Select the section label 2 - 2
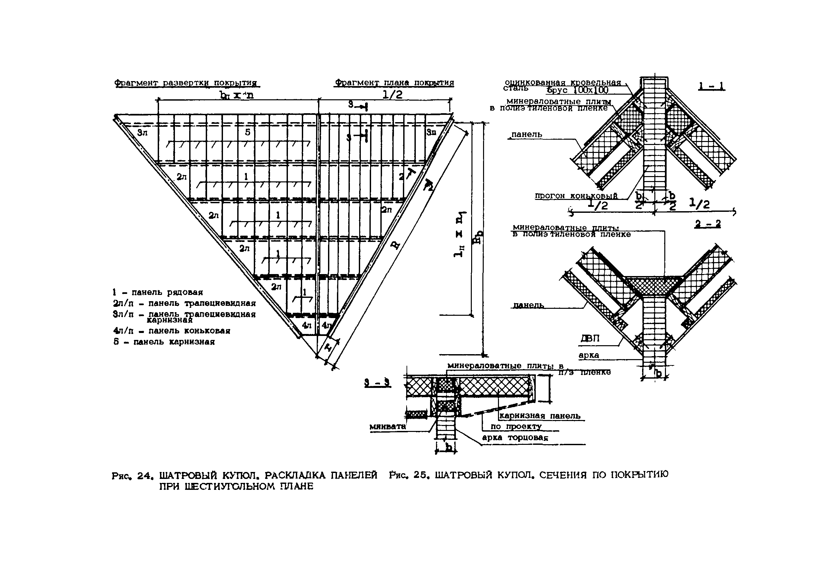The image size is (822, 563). (707, 224)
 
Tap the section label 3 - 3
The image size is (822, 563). (378, 383)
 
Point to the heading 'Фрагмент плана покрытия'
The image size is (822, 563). (394, 83)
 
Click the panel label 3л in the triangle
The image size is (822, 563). (142, 133)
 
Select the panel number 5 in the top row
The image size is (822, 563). (247, 132)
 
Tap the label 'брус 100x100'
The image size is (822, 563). (577, 90)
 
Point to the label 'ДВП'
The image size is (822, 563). (590, 339)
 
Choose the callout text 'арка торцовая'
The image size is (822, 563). (515, 438)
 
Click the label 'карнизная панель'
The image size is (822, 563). (539, 416)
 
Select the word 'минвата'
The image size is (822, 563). (388, 427)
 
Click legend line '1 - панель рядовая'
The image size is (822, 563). (158, 292)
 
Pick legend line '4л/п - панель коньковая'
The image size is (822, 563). (172, 331)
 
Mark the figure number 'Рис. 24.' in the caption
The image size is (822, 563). (133, 476)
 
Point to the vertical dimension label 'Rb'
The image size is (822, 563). (478, 242)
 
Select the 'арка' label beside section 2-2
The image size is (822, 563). (589, 355)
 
